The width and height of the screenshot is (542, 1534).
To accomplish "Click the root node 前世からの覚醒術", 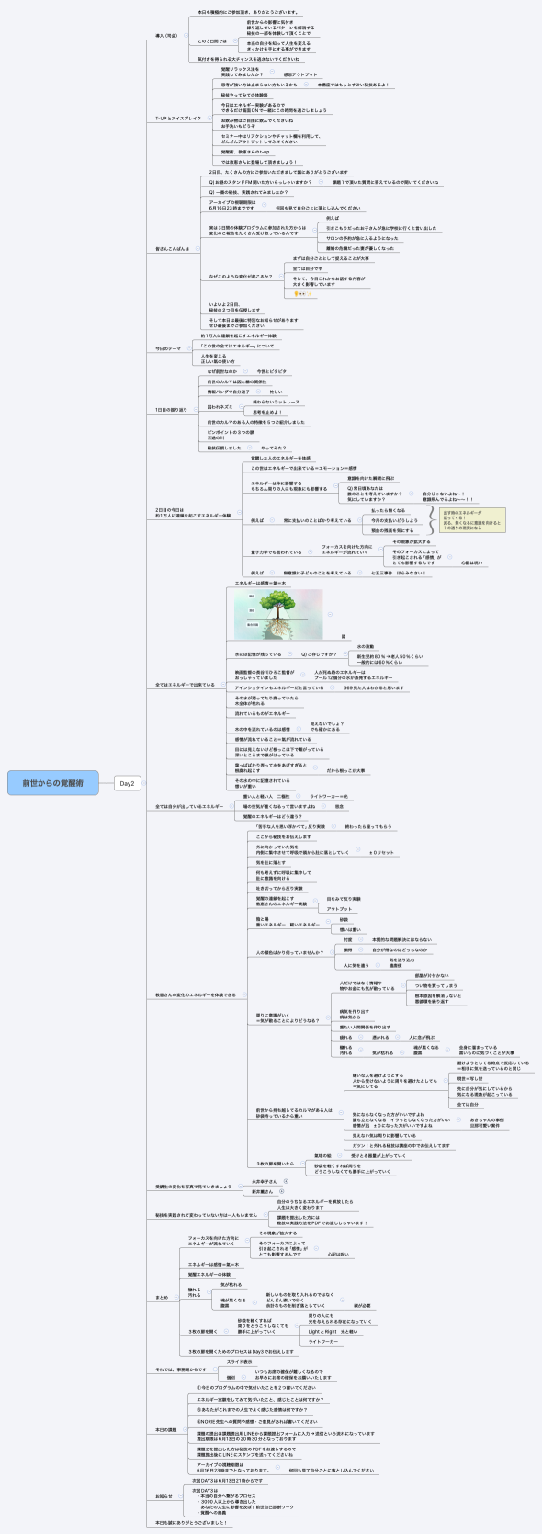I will pyautogui.click(x=53, y=783).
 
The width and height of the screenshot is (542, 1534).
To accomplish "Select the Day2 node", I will pyautogui.click(x=128, y=783).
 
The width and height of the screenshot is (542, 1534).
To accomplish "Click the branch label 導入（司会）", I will pyautogui.click(x=166, y=35).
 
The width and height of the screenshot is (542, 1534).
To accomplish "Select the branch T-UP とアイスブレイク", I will pyautogui.click(x=177, y=119).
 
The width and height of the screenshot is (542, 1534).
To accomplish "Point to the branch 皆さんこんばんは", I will pyautogui.click(x=173, y=249).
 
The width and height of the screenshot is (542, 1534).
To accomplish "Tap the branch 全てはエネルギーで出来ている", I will pyautogui.click(x=185, y=684).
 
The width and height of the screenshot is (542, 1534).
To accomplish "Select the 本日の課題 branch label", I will pyautogui.click(x=167, y=1430).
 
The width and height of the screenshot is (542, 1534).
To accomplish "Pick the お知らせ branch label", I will pyautogui.click(x=164, y=1496).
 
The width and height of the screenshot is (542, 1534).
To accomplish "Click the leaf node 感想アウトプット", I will pyautogui.click(x=299, y=74).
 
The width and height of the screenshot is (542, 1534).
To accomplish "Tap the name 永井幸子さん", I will pyautogui.click(x=265, y=1181).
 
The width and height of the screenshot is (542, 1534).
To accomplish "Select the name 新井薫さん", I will pyautogui.click(x=262, y=1191).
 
